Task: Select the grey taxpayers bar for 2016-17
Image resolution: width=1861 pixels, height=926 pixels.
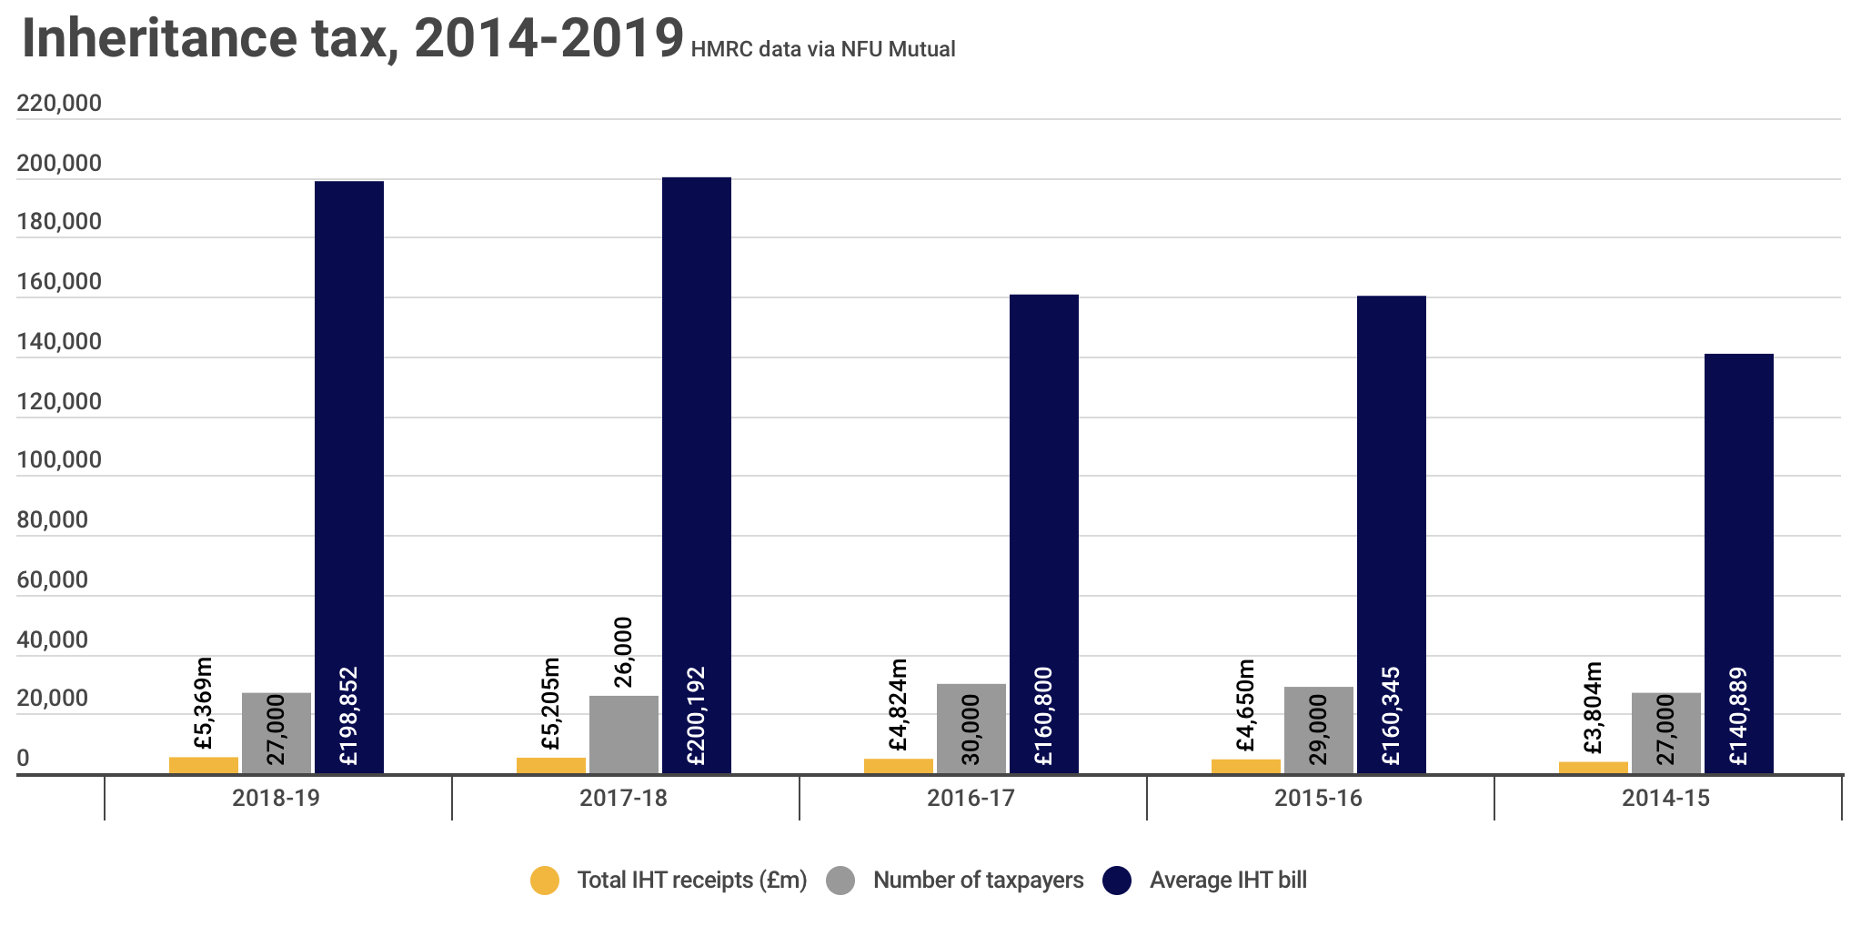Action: tap(971, 728)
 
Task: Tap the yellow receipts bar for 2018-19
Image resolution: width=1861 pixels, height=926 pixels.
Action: tap(204, 765)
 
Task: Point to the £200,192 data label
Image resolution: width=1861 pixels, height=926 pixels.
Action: tap(697, 717)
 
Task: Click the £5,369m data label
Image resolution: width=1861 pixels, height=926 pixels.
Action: tap(204, 704)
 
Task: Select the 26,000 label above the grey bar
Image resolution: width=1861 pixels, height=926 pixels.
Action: tap(624, 652)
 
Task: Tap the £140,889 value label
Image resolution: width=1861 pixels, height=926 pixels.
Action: tap(1738, 717)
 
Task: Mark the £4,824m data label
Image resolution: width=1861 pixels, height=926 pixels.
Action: tap(899, 705)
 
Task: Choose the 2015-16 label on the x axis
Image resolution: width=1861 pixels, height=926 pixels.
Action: tap(1318, 799)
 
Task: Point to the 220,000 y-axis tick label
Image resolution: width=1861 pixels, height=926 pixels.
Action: tap(59, 104)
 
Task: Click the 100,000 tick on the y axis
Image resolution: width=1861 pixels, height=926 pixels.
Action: tap(59, 460)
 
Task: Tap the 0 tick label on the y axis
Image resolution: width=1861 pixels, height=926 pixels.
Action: tap(24, 758)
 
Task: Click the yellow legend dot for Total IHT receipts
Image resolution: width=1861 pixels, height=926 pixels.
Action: tap(545, 881)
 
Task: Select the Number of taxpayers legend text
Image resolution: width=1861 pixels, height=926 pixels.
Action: tap(978, 881)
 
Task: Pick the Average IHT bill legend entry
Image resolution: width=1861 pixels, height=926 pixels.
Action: tap(1227, 881)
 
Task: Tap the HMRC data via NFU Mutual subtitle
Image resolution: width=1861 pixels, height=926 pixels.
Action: tap(822, 49)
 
